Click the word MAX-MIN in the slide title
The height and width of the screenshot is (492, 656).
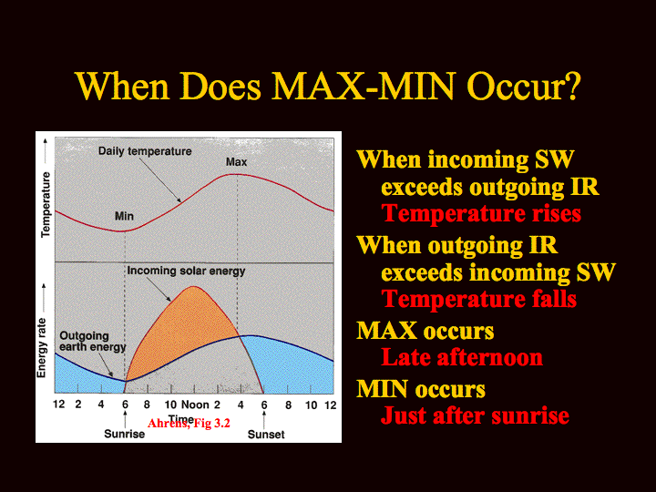[364, 87]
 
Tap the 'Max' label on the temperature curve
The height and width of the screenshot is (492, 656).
[236, 162]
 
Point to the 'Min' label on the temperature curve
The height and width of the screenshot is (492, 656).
[124, 216]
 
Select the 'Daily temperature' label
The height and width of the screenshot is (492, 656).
[145, 151]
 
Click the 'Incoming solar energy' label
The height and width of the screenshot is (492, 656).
[186, 272]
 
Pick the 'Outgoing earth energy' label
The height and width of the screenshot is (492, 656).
[92, 342]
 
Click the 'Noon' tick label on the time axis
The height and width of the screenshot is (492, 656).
[195, 405]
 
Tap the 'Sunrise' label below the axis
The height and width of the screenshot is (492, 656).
[124, 434]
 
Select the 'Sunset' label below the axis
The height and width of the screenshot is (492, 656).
[266, 435]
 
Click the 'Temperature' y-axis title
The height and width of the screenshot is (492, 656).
[46, 205]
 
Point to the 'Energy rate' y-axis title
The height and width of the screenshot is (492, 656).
[41, 348]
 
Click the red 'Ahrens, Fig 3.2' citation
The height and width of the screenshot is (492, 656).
[189, 424]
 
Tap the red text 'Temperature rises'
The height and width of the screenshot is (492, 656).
[481, 214]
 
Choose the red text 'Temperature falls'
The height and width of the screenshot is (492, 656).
[479, 300]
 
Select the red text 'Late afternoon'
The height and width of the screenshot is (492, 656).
[462, 358]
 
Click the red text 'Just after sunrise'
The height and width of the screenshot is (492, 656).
[475, 415]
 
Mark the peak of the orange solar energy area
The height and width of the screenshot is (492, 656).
[193, 287]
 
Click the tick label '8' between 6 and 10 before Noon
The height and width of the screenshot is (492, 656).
[147, 405]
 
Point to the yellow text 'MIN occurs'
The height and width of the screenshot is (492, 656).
[421, 389]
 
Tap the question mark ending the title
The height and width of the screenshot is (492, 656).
[571, 87]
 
